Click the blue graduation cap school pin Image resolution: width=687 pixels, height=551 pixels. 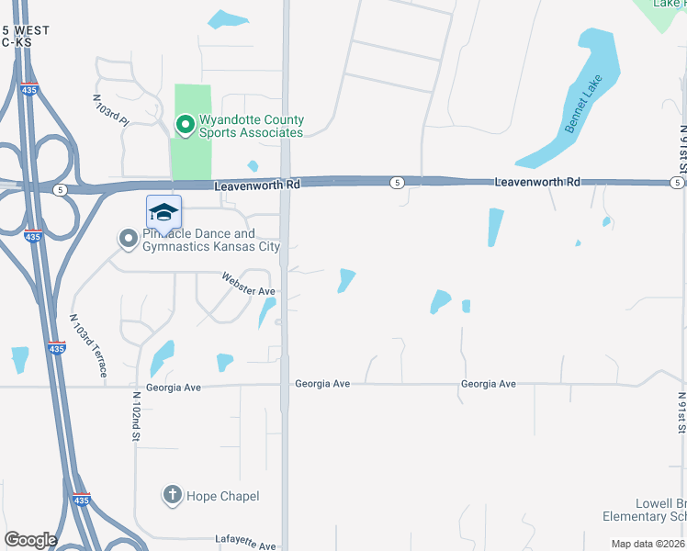click(x=163, y=213)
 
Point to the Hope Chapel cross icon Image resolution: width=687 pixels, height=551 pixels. click(x=172, y=496)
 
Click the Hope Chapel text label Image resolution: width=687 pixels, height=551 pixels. click(x=223, y=497)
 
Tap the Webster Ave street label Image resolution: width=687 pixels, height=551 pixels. click(x=249, y=284)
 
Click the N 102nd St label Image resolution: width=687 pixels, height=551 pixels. click(x=134, y=416)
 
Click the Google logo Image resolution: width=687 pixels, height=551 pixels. click(x=30, y=540)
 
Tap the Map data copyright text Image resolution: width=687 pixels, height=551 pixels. click(x=648, y=544)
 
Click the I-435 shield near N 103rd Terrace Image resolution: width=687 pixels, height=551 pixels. click(x=57, y=348)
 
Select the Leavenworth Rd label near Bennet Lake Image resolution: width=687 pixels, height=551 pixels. click(x=537, y=183)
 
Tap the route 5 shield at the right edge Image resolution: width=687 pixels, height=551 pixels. click(x=676, y=183)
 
